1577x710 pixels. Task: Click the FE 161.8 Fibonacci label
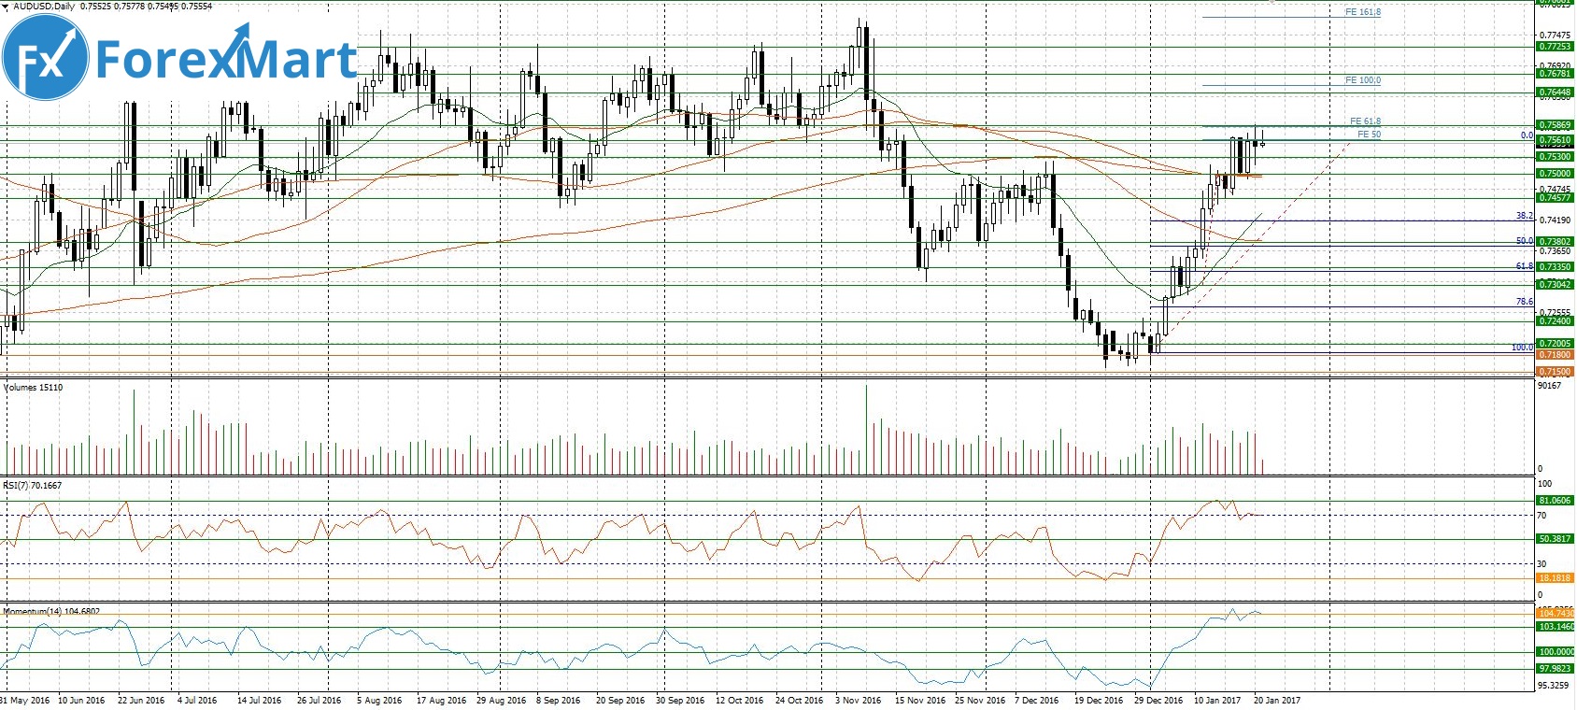pos(1362,12)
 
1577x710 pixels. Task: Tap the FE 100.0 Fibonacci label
pos(1362,80)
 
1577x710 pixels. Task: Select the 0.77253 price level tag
pos(1555,46)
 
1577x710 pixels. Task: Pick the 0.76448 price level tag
pos(1555,92)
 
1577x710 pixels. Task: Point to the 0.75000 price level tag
pos(1555,173)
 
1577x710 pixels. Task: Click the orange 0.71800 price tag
pos(1555,355)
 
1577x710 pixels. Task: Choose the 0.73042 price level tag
pos(1555,284)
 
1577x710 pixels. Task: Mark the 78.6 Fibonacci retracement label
pos(1524,302)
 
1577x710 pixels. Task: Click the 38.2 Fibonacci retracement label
pos(1524,216)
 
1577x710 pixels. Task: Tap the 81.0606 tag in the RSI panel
pos(1555,501)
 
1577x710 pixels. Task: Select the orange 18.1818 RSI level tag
pos(1555,578)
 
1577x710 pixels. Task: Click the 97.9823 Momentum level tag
pos(1555,669)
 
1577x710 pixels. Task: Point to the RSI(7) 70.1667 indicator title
pos(33,486)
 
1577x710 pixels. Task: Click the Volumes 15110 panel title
pos(34,387)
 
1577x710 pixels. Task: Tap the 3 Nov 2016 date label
pos(858,700)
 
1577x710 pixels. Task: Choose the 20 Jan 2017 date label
pos(1275,700)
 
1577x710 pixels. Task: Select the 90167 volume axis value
pos(1549,385)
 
